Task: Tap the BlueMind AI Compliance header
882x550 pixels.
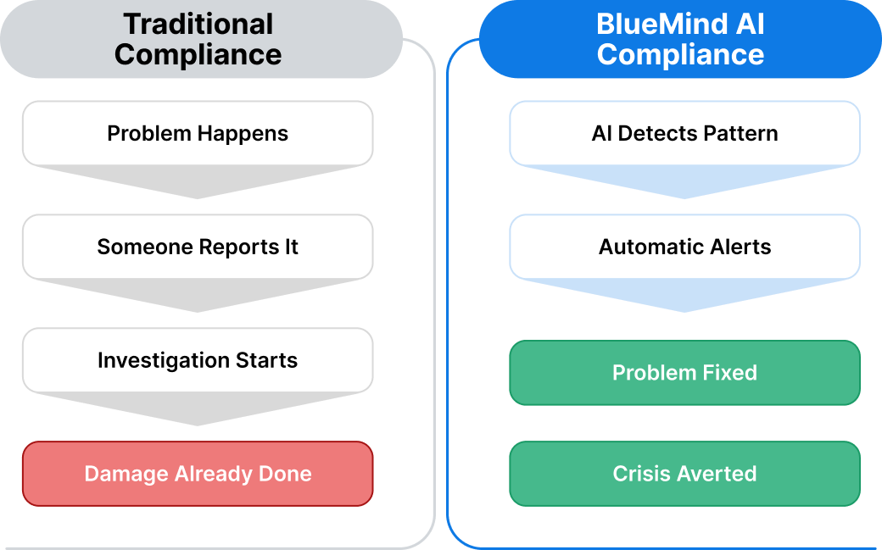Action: pos(680,39)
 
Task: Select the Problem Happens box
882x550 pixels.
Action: pos(198,133)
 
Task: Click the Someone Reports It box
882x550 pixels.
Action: pos(198,247)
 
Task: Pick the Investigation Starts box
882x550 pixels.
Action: pos(198,360)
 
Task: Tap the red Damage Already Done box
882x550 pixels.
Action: pos(198,474)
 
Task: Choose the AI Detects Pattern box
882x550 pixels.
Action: pos(684,133)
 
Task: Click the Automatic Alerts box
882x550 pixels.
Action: pos(684,247)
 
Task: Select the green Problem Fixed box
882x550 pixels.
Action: pos(684,373)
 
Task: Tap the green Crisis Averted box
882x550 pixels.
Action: pos(684,474)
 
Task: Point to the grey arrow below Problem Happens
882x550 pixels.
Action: pos(198,183)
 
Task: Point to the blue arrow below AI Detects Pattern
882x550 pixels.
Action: pos(684,183)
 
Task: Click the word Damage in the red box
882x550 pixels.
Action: pos(126,474)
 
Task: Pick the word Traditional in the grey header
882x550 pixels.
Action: pos(198,24)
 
